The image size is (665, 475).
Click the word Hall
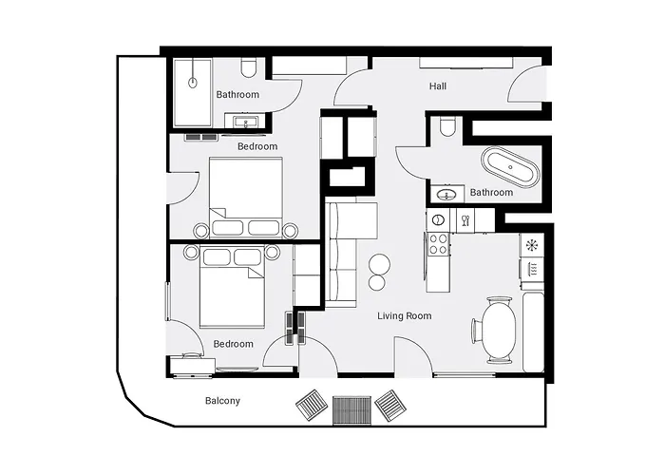click(437, 86)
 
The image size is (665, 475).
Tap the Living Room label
click(404, 316)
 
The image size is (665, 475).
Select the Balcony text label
click(222, 401)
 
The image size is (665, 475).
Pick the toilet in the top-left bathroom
click(249, 67)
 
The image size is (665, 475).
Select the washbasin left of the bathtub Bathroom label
click(446, 195)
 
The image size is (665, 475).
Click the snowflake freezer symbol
click(532, 245)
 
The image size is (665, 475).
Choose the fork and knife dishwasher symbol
click(465, 219)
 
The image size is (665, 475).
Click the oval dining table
click(501, 330)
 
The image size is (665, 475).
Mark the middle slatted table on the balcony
click(351, 410)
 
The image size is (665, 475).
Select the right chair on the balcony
click(391, 406)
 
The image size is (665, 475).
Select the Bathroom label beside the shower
click(237, 95)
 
